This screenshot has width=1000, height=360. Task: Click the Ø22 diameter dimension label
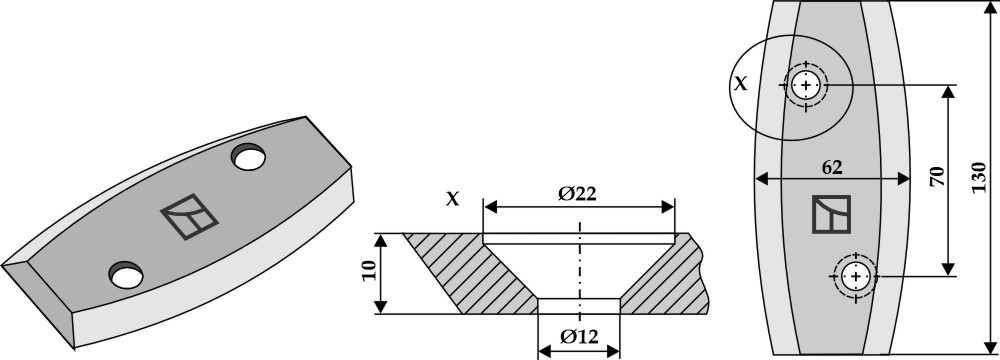click(x=577, y=193)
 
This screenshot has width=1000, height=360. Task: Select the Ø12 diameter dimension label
click(x=579, y=337)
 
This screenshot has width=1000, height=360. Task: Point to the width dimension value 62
click(x=832, y=167)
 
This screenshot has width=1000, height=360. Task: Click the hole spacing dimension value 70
click(x=937, y=177)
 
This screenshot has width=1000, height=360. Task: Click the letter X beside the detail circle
click(x=740, y=83)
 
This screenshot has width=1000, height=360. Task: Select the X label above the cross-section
click(x=452, y=199)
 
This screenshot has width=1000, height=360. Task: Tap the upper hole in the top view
click(x=806, y=85)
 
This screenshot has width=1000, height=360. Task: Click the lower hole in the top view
click(x=855, y=276)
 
